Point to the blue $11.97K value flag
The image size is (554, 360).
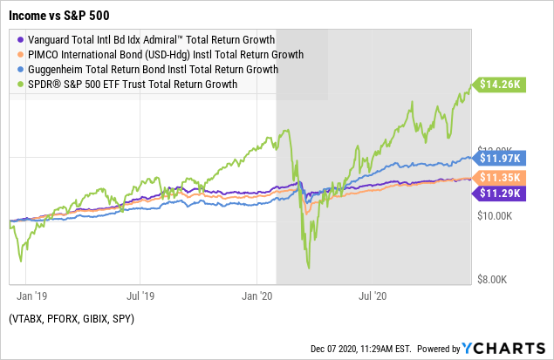[502, 159]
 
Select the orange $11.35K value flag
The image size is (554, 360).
[502, 178]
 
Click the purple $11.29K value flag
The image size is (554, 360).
[502, 194]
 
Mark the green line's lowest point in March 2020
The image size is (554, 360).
[308, 268]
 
